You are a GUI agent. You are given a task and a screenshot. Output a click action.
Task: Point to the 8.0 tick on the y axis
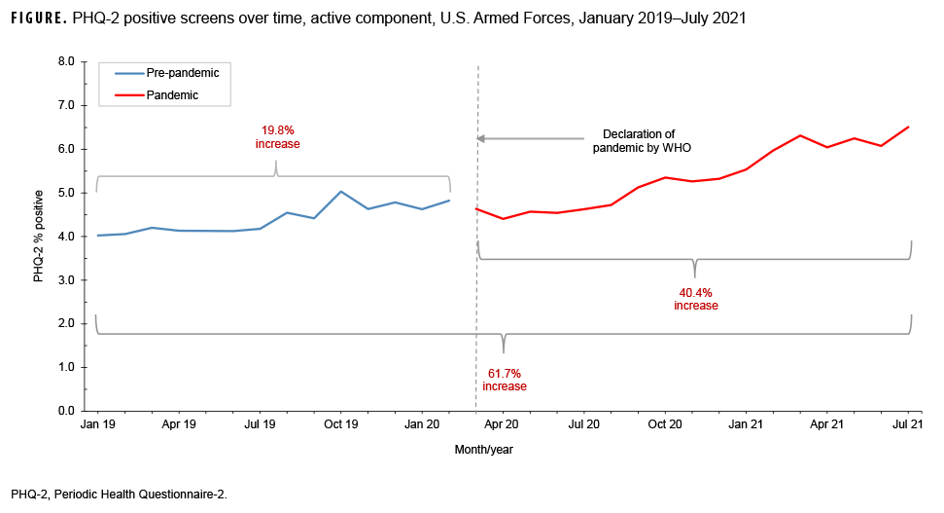point(67,61)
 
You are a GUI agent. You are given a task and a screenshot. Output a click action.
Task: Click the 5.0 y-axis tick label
point(67,193)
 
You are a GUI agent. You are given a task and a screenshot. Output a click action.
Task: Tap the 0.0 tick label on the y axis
point(67,411)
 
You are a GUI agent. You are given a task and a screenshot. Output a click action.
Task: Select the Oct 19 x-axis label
point(340,425)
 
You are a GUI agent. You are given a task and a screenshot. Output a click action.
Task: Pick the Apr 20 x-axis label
point(502,425)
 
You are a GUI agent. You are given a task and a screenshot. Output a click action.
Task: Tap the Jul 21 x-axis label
point(908,425)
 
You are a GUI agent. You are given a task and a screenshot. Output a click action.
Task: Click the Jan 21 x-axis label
point(746,425)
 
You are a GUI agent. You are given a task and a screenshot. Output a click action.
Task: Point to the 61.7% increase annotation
point(505,380)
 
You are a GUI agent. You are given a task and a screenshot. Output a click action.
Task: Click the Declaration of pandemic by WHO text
point(640,140)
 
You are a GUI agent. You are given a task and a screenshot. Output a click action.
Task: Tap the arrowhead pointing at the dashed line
point(480,139)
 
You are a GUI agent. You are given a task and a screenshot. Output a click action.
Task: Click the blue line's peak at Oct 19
point(340,192)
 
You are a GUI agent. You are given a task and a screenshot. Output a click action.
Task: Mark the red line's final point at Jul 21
point(908,127)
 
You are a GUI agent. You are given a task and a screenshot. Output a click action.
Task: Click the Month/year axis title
point(483,450)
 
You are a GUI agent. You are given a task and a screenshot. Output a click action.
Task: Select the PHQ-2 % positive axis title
point(39,237)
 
